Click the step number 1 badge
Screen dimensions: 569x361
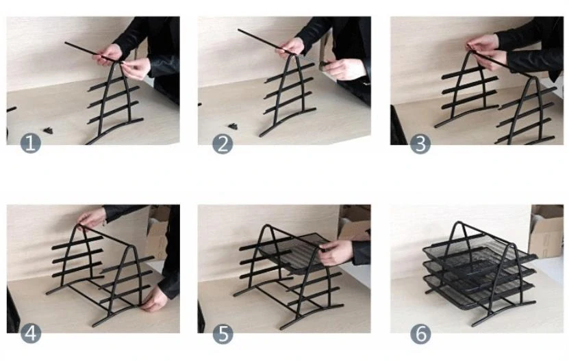(x=31, y=143)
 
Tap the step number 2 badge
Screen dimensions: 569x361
(x=223, y=144)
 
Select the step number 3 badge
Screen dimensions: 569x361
(x=420, y=144)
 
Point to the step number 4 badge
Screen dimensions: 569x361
(x=31, y=334)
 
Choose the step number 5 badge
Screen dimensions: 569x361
(x=223, y=334)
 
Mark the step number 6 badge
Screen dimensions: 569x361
(x=420, y=334)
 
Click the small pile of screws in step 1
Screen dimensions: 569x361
(x=48, y=130)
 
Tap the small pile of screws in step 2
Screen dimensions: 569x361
(x=233, y=126)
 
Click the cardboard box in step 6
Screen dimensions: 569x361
(x=546, y=230)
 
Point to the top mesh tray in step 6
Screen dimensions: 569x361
(x=479, y=256)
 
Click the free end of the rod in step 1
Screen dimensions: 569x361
(x=66, y=43)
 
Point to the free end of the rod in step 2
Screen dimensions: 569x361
(x=239, y=30)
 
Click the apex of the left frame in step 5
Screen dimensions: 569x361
(x=268, y=226)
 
